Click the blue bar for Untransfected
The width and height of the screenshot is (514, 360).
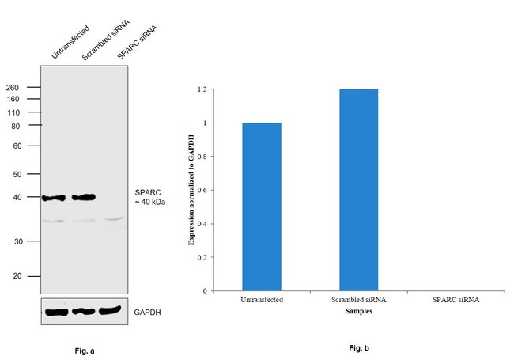pyautogui.click(x=262, y=207)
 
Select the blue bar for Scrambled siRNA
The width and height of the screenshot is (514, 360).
pyautogui.click(x=358, y=190)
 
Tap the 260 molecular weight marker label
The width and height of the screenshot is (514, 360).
pyautogui.click(x=13, y=87)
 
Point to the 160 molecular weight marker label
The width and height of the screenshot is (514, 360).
pyautogui.click(x=13, y=100)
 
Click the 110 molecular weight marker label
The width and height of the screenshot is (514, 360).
pyautogui.click(x=13, y=112)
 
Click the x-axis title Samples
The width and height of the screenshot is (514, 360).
pyautogui.click(x=359, y=311)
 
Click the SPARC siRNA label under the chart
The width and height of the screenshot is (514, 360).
pyautogui.click(x=455, y=300)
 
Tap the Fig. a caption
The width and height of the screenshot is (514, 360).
pyautogui.click(x=84, y=349)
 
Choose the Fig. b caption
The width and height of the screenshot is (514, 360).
pyautogui.click(x=358, y=348)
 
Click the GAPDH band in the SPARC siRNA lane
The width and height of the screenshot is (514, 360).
pyautogui.click(x=111, y=310)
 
